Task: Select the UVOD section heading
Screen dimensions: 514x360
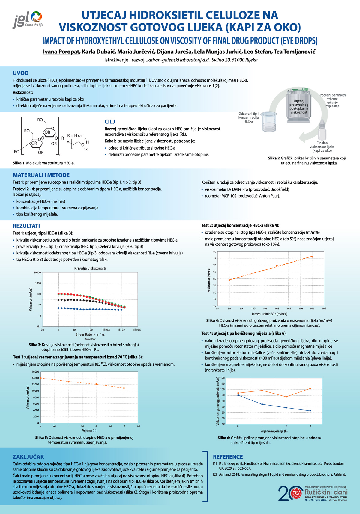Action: [21, 73]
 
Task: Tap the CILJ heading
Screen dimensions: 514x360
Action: [110, 122]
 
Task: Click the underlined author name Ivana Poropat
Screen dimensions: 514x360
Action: [61, 52]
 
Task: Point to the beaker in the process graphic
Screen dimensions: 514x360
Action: [269, 123]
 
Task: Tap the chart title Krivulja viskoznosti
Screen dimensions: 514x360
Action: [90, 268]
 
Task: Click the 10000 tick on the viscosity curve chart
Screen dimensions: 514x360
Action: [37, 272]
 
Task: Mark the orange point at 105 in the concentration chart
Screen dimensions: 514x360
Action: [312, 257]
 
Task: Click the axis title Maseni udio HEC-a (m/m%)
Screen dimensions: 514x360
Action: [269, 314]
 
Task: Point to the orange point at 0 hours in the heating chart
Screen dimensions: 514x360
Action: [41, 378]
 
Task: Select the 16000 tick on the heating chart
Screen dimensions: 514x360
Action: [35, 372]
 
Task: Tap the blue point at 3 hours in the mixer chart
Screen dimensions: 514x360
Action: [310, 411]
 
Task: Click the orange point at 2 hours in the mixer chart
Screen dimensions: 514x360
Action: [286, 397]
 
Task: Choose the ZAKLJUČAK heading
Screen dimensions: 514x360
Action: [28, 457]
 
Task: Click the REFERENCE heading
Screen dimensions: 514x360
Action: [228, 457]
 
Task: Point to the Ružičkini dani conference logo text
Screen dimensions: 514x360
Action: [326, 492]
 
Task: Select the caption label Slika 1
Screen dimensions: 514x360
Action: [19, 163]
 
